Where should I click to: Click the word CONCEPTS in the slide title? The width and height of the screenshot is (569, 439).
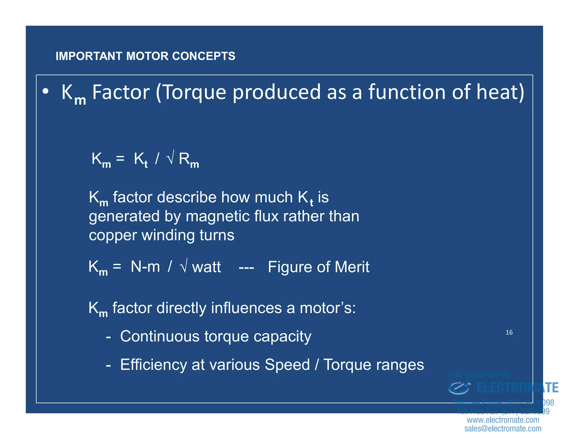click(x=204, y=56)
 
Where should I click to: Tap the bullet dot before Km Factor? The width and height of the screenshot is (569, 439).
click(x=46, y=91)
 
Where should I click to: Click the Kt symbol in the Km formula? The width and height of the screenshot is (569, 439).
click(x=141, y=160)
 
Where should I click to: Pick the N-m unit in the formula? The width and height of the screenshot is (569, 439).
click(x=145, y=267)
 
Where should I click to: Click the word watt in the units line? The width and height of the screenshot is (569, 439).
click(x=206, y=267)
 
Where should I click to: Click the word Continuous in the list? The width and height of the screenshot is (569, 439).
click(x=160, y=336)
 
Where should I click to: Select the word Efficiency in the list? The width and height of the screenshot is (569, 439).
click(x=153, y=365)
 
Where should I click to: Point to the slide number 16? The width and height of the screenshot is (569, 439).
click(x=509, y=332)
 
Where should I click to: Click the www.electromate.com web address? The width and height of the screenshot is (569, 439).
click(x=503, y=420)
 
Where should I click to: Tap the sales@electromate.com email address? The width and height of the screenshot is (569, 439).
click(x=503, y=429)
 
